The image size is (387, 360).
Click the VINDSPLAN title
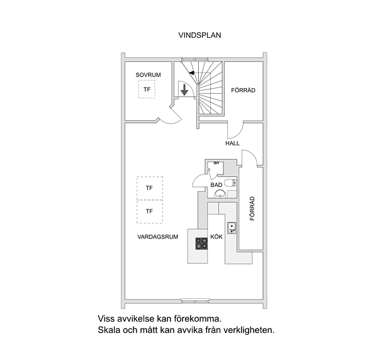coord(199,35)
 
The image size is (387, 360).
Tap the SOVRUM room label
coord(148,75)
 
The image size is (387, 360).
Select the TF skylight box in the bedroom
coord(147,89)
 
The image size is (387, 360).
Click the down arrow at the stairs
coord(184,89)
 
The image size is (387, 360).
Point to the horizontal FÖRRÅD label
coord(243,90)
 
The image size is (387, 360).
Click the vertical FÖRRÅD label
coord(252,208)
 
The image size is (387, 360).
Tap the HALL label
coord(232,143)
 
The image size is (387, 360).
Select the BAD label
coord(216,185)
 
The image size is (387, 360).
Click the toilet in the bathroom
coord(231,183)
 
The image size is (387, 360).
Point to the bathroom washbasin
coord(220,194)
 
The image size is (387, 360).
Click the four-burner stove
coord(201,244)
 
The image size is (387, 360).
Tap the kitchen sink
coord(232,228)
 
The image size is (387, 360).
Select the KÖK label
coord(216,237)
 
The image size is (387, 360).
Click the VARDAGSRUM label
coord(158,237)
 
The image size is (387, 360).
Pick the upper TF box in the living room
coord(150,188)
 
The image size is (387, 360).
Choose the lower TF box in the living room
coord(150,211)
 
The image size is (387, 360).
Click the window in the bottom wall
coord(195,301)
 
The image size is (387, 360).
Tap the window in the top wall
coord(194,60)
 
